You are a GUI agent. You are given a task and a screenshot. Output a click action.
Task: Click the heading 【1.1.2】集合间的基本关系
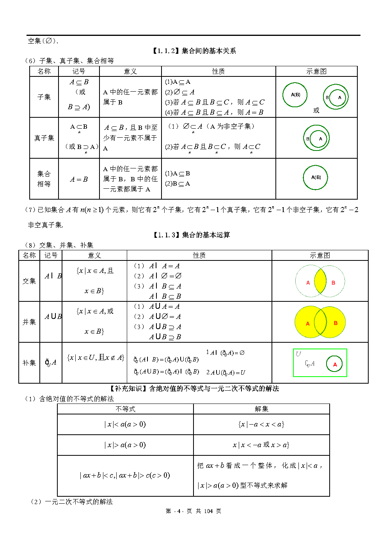(x=194, y=51)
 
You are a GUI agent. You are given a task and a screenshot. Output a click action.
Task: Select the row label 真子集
(x=44, y=138)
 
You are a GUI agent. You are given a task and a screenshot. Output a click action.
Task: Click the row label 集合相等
(x=44, y=179)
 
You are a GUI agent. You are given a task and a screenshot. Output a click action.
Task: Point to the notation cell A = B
(x=79, y=179)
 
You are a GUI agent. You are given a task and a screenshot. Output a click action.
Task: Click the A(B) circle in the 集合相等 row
(x=316, y=177)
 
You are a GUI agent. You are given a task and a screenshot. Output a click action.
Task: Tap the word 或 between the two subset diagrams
(x=316, y=110)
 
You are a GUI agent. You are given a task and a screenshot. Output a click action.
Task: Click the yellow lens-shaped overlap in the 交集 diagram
(x=320, y=281)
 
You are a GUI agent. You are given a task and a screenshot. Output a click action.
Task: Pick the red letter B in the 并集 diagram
(x=336, y=323)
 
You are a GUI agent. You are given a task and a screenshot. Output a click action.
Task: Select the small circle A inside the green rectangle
(x=335, y=365)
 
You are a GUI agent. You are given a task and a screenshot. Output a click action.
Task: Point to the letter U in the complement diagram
(x=298, y=354)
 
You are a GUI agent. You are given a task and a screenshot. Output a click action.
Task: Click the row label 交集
(x=29, y=281)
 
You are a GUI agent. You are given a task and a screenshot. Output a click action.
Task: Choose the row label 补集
(x=29, y=363)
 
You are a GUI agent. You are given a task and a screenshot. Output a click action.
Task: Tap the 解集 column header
(x=261, y=409)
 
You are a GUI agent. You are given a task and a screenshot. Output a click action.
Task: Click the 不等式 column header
(x=125, y=409)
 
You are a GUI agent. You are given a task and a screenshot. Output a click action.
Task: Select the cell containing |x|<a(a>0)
(x=125, y=424)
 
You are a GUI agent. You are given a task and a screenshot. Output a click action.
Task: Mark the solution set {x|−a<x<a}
(x=261, y=424)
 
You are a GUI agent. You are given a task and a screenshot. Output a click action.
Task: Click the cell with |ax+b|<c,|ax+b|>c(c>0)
(x=125, y=475)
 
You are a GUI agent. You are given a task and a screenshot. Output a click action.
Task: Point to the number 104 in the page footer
(x=208, y=511)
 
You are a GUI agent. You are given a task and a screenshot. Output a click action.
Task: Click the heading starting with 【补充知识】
(x=194, y=388)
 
